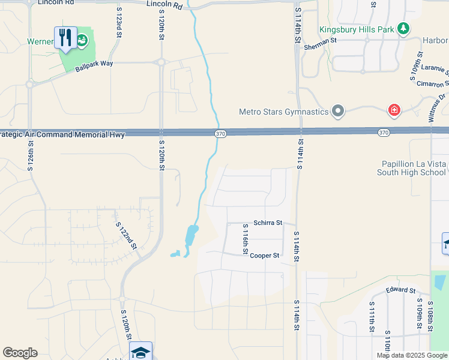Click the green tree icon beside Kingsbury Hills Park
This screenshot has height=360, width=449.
coord(405,28)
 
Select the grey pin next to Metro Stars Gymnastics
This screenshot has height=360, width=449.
coord(338,111)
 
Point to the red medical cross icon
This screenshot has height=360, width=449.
coord(394,110)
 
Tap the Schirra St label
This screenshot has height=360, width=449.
coord(267,223)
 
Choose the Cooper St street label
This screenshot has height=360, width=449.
coord(265,256)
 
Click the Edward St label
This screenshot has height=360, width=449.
coord(400,290)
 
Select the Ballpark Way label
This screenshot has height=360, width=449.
coord(94,65)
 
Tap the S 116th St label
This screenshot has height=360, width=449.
coord(245,239)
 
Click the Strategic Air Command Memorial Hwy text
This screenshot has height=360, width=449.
coord(62,134)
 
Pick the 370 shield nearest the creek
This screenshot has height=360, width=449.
coord(220,133)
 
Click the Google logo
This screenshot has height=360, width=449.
coord(20,353)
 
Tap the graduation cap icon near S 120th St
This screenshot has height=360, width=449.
coord(140,352)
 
